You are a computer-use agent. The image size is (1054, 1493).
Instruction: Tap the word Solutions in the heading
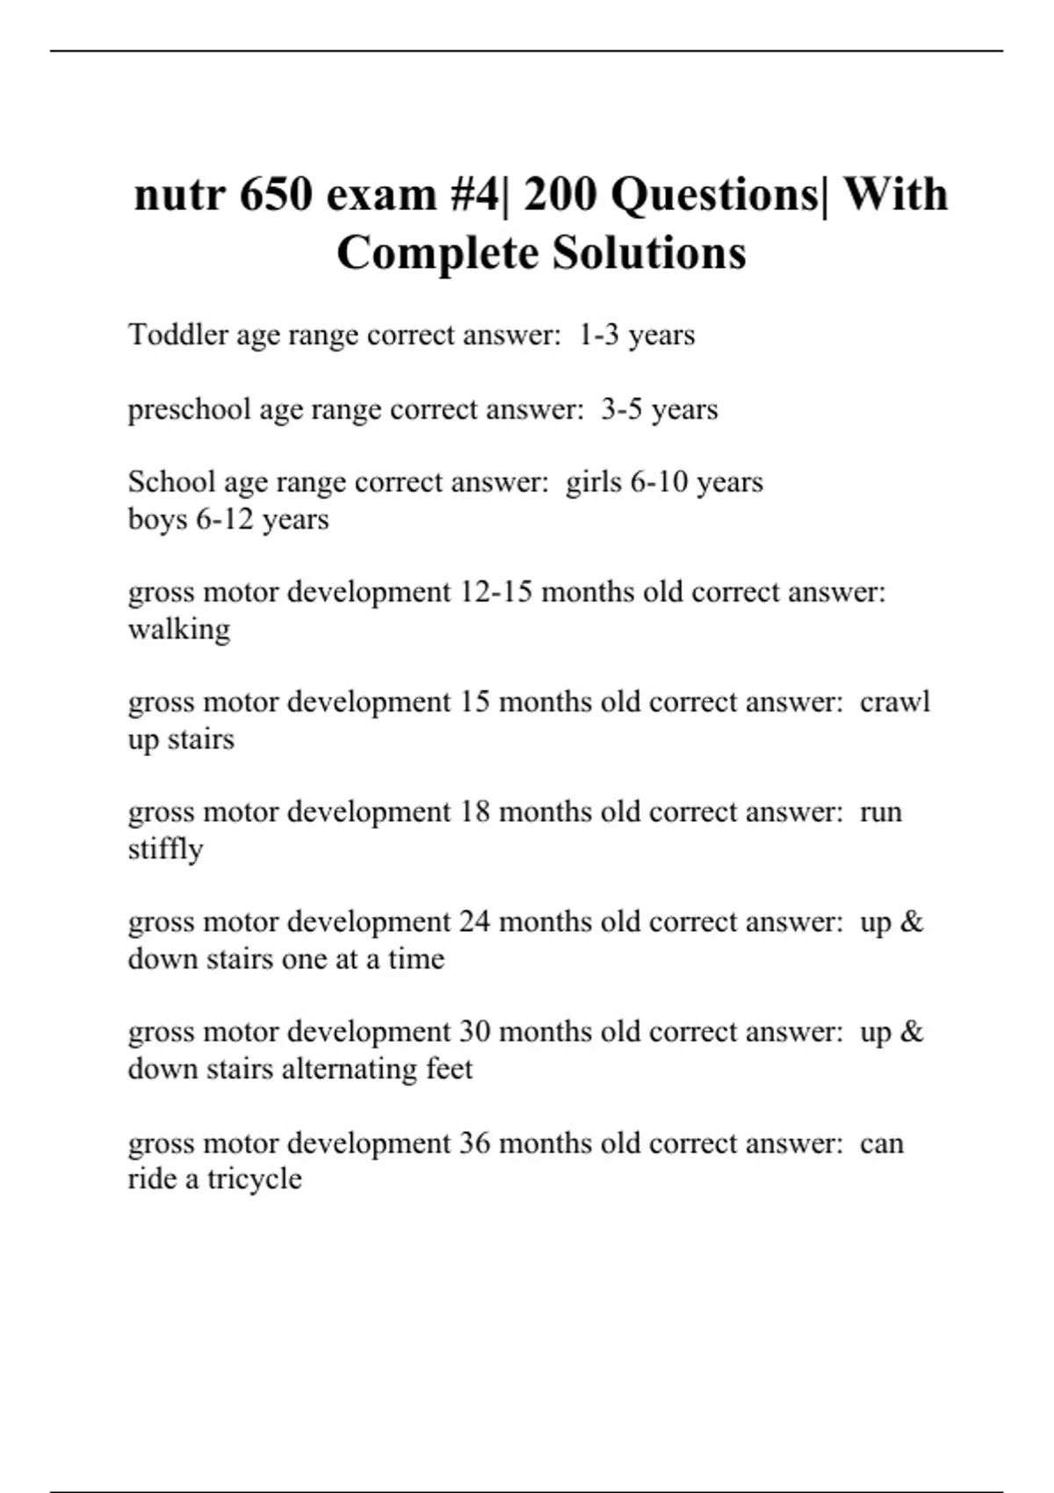tap(649, 253)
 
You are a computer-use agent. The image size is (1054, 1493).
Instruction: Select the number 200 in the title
tap(561, 194)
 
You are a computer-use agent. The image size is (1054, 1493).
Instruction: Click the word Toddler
tap(177, 335)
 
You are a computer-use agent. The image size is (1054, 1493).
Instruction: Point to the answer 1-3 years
tap(637, 335)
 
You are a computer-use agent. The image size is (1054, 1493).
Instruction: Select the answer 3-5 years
tap(660, 409)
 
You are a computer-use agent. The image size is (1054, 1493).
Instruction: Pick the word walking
tap(179, 629)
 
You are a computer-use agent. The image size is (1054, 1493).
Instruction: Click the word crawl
tap(895, 702)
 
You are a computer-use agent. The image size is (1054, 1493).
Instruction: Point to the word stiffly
tap(165, 849)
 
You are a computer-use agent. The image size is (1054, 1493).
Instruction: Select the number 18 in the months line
tap(475, 811)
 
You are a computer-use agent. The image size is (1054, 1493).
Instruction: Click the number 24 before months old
tap(475, 921)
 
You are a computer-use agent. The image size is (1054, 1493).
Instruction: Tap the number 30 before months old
tap(475, 1031)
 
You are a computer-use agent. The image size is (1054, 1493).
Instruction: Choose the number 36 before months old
tap(475, 1143)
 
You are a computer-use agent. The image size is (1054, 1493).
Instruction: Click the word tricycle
tap(255, 1179)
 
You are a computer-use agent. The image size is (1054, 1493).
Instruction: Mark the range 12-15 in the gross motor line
tap(496, 592)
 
